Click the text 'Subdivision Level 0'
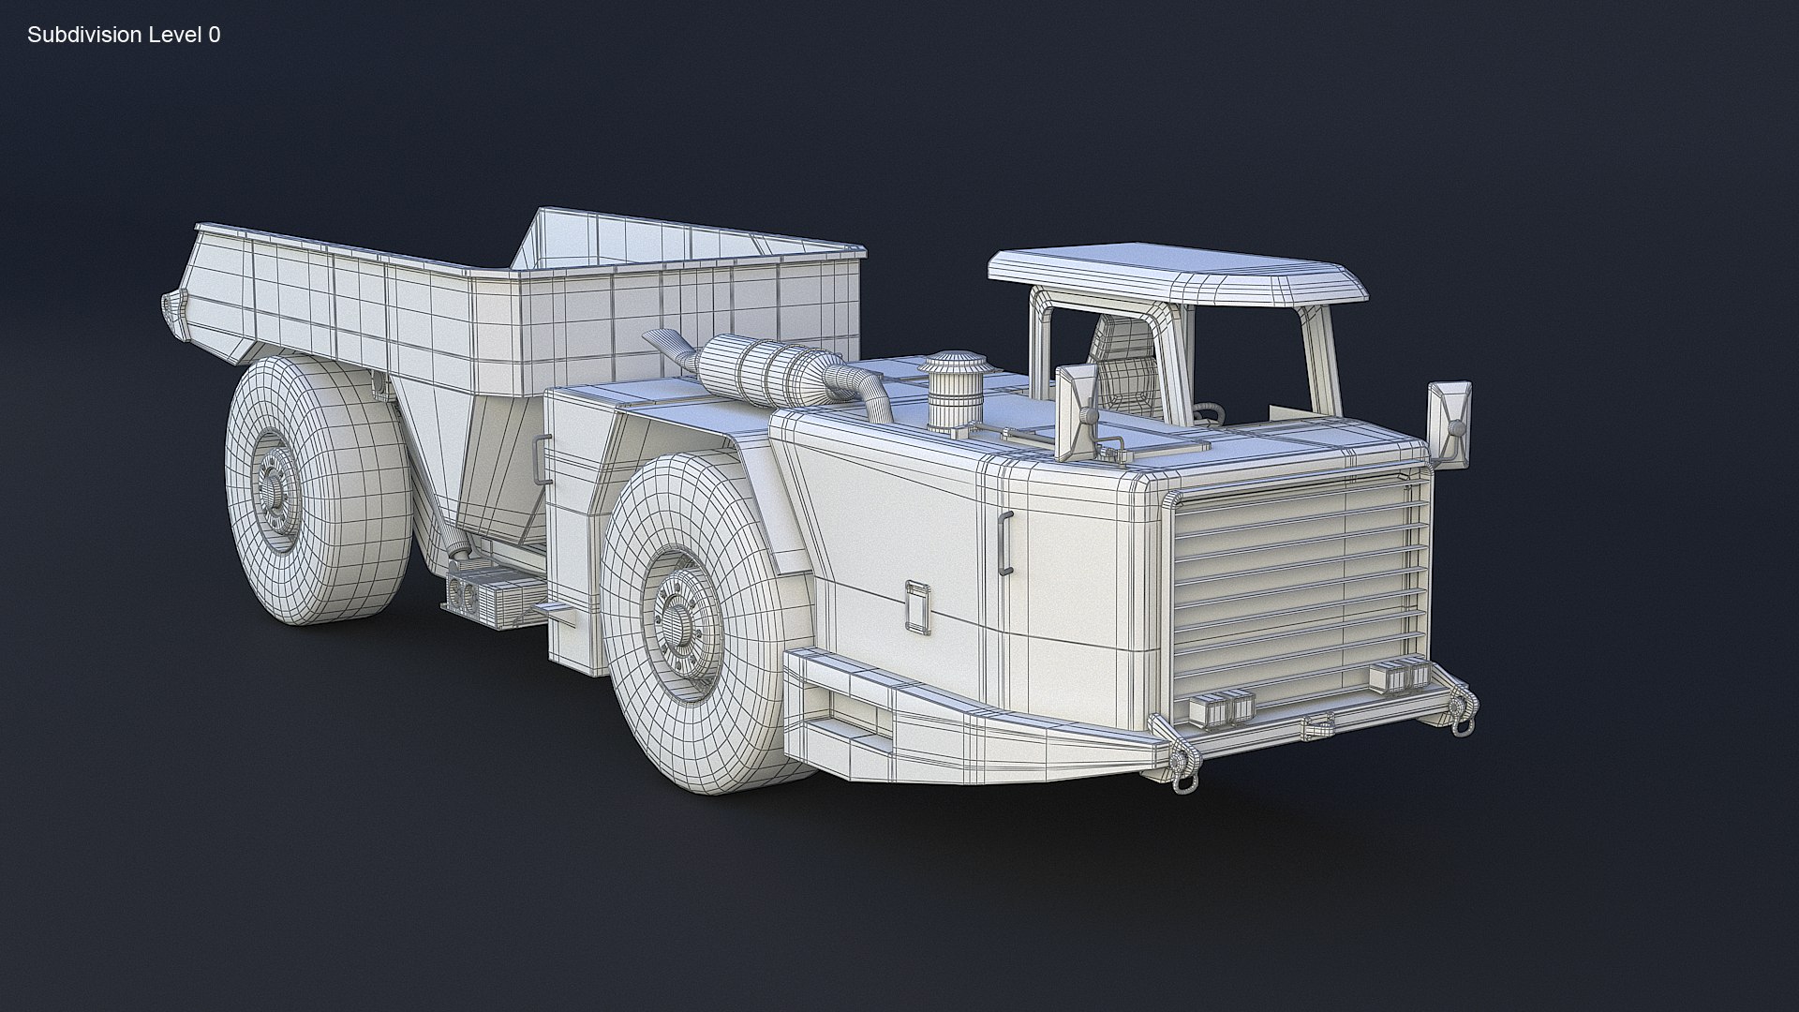coord(124,36)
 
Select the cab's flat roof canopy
coord(1176,275)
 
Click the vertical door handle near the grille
coord(1005,543)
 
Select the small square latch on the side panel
coord(916,604)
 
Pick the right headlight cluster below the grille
coord(1394,677)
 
